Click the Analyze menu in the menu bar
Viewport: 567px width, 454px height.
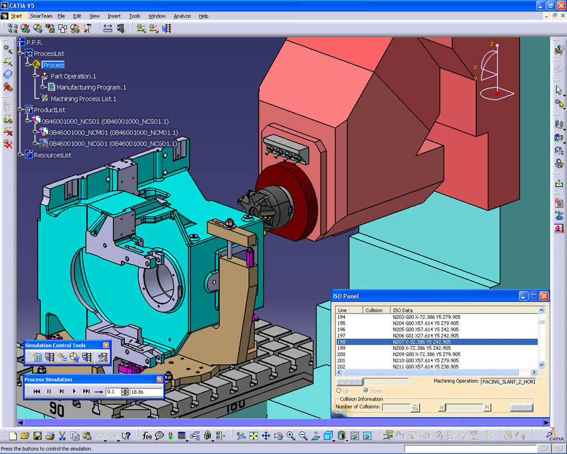[x=182, y=16]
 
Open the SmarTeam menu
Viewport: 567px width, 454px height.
[x=41, y=16]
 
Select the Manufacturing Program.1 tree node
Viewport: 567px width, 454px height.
[x=91, y=88]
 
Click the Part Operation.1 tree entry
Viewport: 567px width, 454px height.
[x=73, y=76]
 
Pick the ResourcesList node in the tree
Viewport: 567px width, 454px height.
[x=53, y=155]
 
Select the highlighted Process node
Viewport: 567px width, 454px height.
[x=54, y=65]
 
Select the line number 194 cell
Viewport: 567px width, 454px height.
[x=342, y=317]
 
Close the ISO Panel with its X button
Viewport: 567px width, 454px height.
[x=544, y=296]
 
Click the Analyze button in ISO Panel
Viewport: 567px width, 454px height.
[x=521, y=408]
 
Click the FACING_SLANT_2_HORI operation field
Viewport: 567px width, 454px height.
[x=508, y=382]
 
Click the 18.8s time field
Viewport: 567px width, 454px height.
[x=146, y=391]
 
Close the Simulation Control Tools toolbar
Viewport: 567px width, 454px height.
[x=106, y=345]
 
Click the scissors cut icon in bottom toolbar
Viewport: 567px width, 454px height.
[x=62, y=436]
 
